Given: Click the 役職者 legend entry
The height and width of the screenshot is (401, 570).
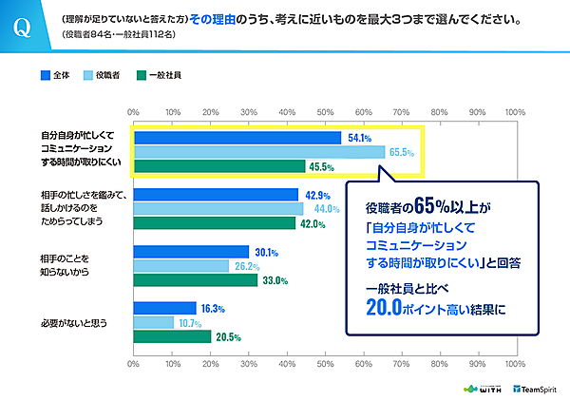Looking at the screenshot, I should pyautogui.click(x=105, y=72).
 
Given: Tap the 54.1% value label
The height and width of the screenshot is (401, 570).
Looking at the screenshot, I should pyautogui.click(x=359, y=139).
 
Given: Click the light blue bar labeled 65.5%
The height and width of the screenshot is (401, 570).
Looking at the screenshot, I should pyautogui.click(x=258, y=152).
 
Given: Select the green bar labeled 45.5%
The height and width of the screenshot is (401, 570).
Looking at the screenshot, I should pyautogui.click(x=219, y=166).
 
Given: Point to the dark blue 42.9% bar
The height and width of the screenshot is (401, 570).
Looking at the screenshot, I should pyautogui.click(x=216, y=195).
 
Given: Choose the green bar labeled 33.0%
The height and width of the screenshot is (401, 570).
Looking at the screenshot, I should pyautogui.click(x=197, y=280).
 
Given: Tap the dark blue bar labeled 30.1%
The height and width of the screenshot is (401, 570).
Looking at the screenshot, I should pyautogui.click(x=191, y=252).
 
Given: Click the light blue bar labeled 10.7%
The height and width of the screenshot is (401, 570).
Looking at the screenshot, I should pyautogui.click(x=154, y=322).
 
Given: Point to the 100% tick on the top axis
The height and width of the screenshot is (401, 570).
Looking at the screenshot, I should pyautogui.click(x=516, y=112).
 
